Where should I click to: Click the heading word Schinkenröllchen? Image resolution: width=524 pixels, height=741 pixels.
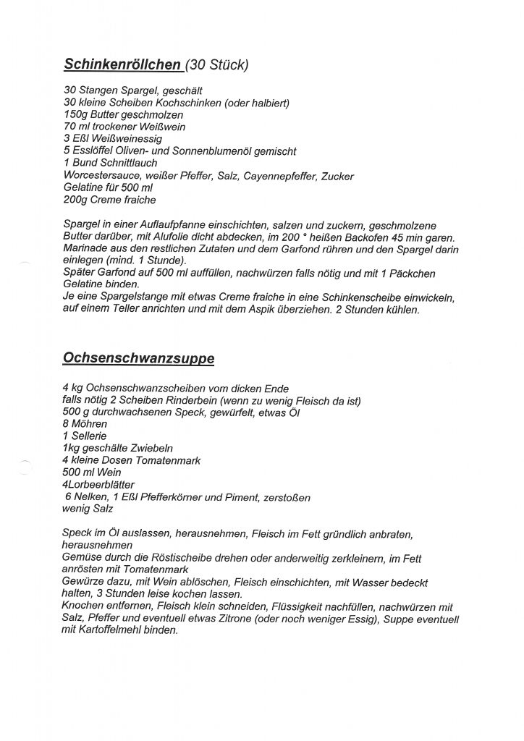[122, 65]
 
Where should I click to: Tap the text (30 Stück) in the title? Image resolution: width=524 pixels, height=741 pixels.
[217, 66]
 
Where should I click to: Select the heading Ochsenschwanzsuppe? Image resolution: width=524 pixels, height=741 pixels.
[139, 357]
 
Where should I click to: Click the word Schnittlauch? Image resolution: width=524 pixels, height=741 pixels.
[132, 163]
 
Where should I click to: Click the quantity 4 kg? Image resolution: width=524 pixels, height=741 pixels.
[73, 389]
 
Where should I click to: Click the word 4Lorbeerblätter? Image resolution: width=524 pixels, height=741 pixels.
[98, 484]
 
